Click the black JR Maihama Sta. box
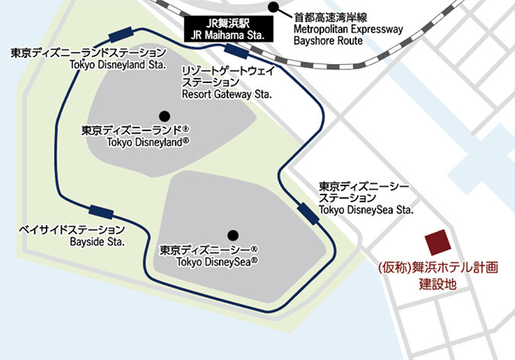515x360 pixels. [227, 29]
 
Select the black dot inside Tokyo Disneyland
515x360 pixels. [163, 116]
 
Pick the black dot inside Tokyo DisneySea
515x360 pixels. [233, 235]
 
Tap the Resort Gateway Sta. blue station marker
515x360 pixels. [234, 52]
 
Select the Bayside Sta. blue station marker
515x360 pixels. [101, 212]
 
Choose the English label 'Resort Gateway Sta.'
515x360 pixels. [223, 95]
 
